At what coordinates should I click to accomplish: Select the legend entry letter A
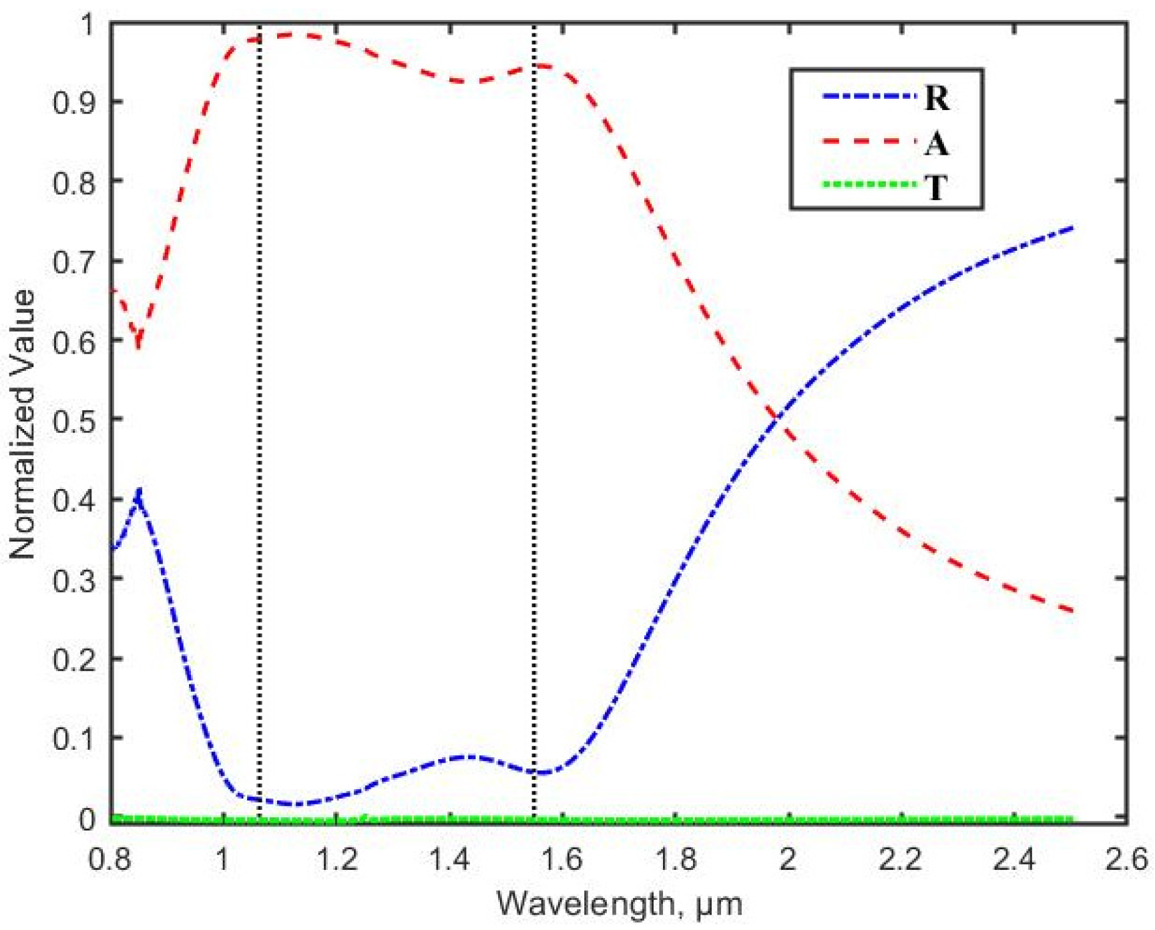[937, 143]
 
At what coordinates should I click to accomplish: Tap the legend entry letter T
[936, 187]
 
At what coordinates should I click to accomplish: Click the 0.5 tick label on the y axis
[74, 420]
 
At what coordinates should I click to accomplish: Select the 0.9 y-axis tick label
[74, 102]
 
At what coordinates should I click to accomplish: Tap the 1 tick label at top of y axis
[87, 25]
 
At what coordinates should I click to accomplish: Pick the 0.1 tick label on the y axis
[74, 739]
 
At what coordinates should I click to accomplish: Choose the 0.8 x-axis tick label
[111, 860]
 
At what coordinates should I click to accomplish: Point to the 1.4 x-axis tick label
[449, 860]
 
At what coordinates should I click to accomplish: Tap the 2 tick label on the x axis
[788, 860]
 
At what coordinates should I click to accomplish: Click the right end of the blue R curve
[1072, 228]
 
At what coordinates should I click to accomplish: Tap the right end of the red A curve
[1072, 611]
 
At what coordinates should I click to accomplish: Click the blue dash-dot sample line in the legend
[868, 97]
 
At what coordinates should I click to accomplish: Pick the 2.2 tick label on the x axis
[901, 860]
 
